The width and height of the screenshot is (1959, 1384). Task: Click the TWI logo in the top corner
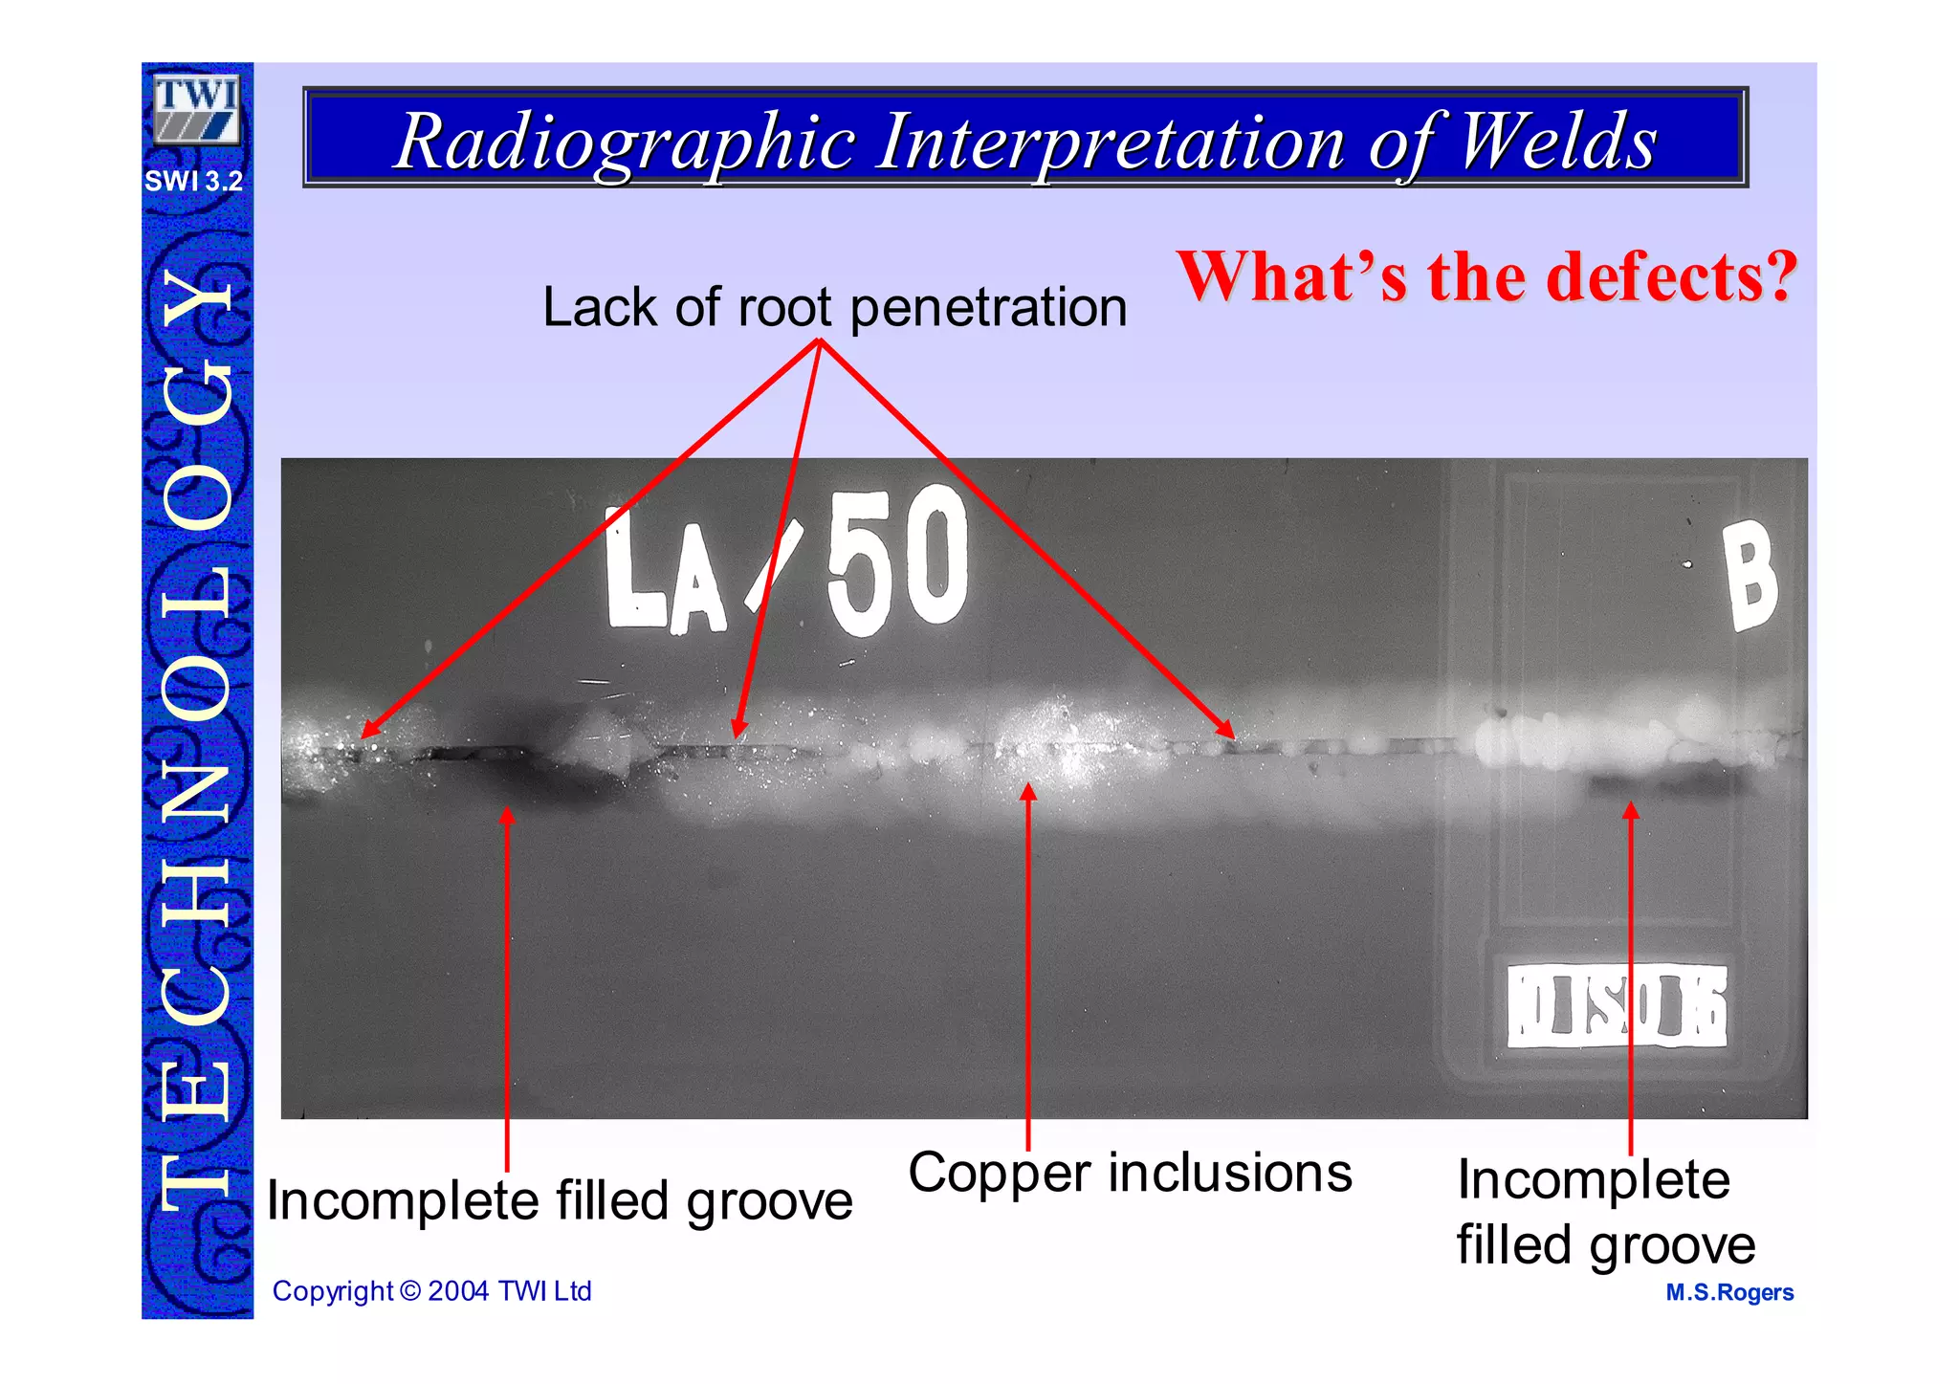[196, 109]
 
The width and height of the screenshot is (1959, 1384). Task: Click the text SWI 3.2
[194, 181]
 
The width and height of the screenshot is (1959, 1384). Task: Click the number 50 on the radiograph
[897, 560]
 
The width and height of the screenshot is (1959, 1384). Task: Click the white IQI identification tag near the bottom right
[1617, 1006]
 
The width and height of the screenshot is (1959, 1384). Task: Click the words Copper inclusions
[1130, 1174]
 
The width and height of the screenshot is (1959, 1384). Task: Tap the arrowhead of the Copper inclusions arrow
[1028, 790]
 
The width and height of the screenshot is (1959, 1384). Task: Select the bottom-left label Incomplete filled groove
[560, 1201]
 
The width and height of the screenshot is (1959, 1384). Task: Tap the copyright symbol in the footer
[409, 1291]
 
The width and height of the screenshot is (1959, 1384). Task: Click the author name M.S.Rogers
[1729, 1292]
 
